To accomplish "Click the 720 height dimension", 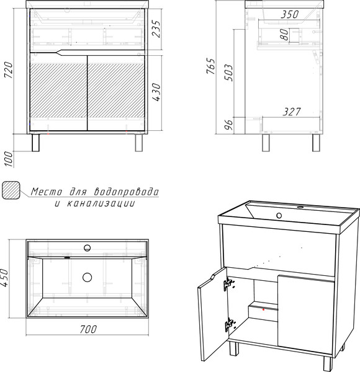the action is click(x=9, y=70).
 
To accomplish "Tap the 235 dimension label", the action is click(x=156, y=29).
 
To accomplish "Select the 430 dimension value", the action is click(x=156, y=92).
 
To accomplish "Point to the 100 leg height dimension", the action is click(x=9, y=159).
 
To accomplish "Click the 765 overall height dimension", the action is click(x=211, y=66).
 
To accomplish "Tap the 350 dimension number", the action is click(x=289, y=14).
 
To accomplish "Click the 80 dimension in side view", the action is click(x=284, y=34).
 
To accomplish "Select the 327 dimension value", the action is click(x=292, y=112).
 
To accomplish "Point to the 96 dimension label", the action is click(x=228, y=125).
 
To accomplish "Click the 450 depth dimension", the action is click(x=4, y=278).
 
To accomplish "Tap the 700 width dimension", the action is click(x=88, y=329).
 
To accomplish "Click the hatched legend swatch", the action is click(x=11, y=190).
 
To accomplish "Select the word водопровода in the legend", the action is click(x=127, y=192).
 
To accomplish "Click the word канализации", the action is click(x=101, y=203).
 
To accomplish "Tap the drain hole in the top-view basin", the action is click(x=87, y=277).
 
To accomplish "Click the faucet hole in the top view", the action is click(x=87, y=248).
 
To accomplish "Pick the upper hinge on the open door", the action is click(x=228, y=283).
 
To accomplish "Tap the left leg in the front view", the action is click(x=35, y=143).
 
